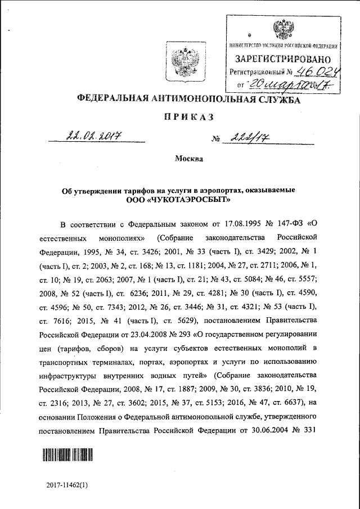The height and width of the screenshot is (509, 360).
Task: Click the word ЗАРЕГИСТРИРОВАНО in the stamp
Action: (283, 58)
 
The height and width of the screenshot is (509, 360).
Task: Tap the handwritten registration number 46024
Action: (317, 71)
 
